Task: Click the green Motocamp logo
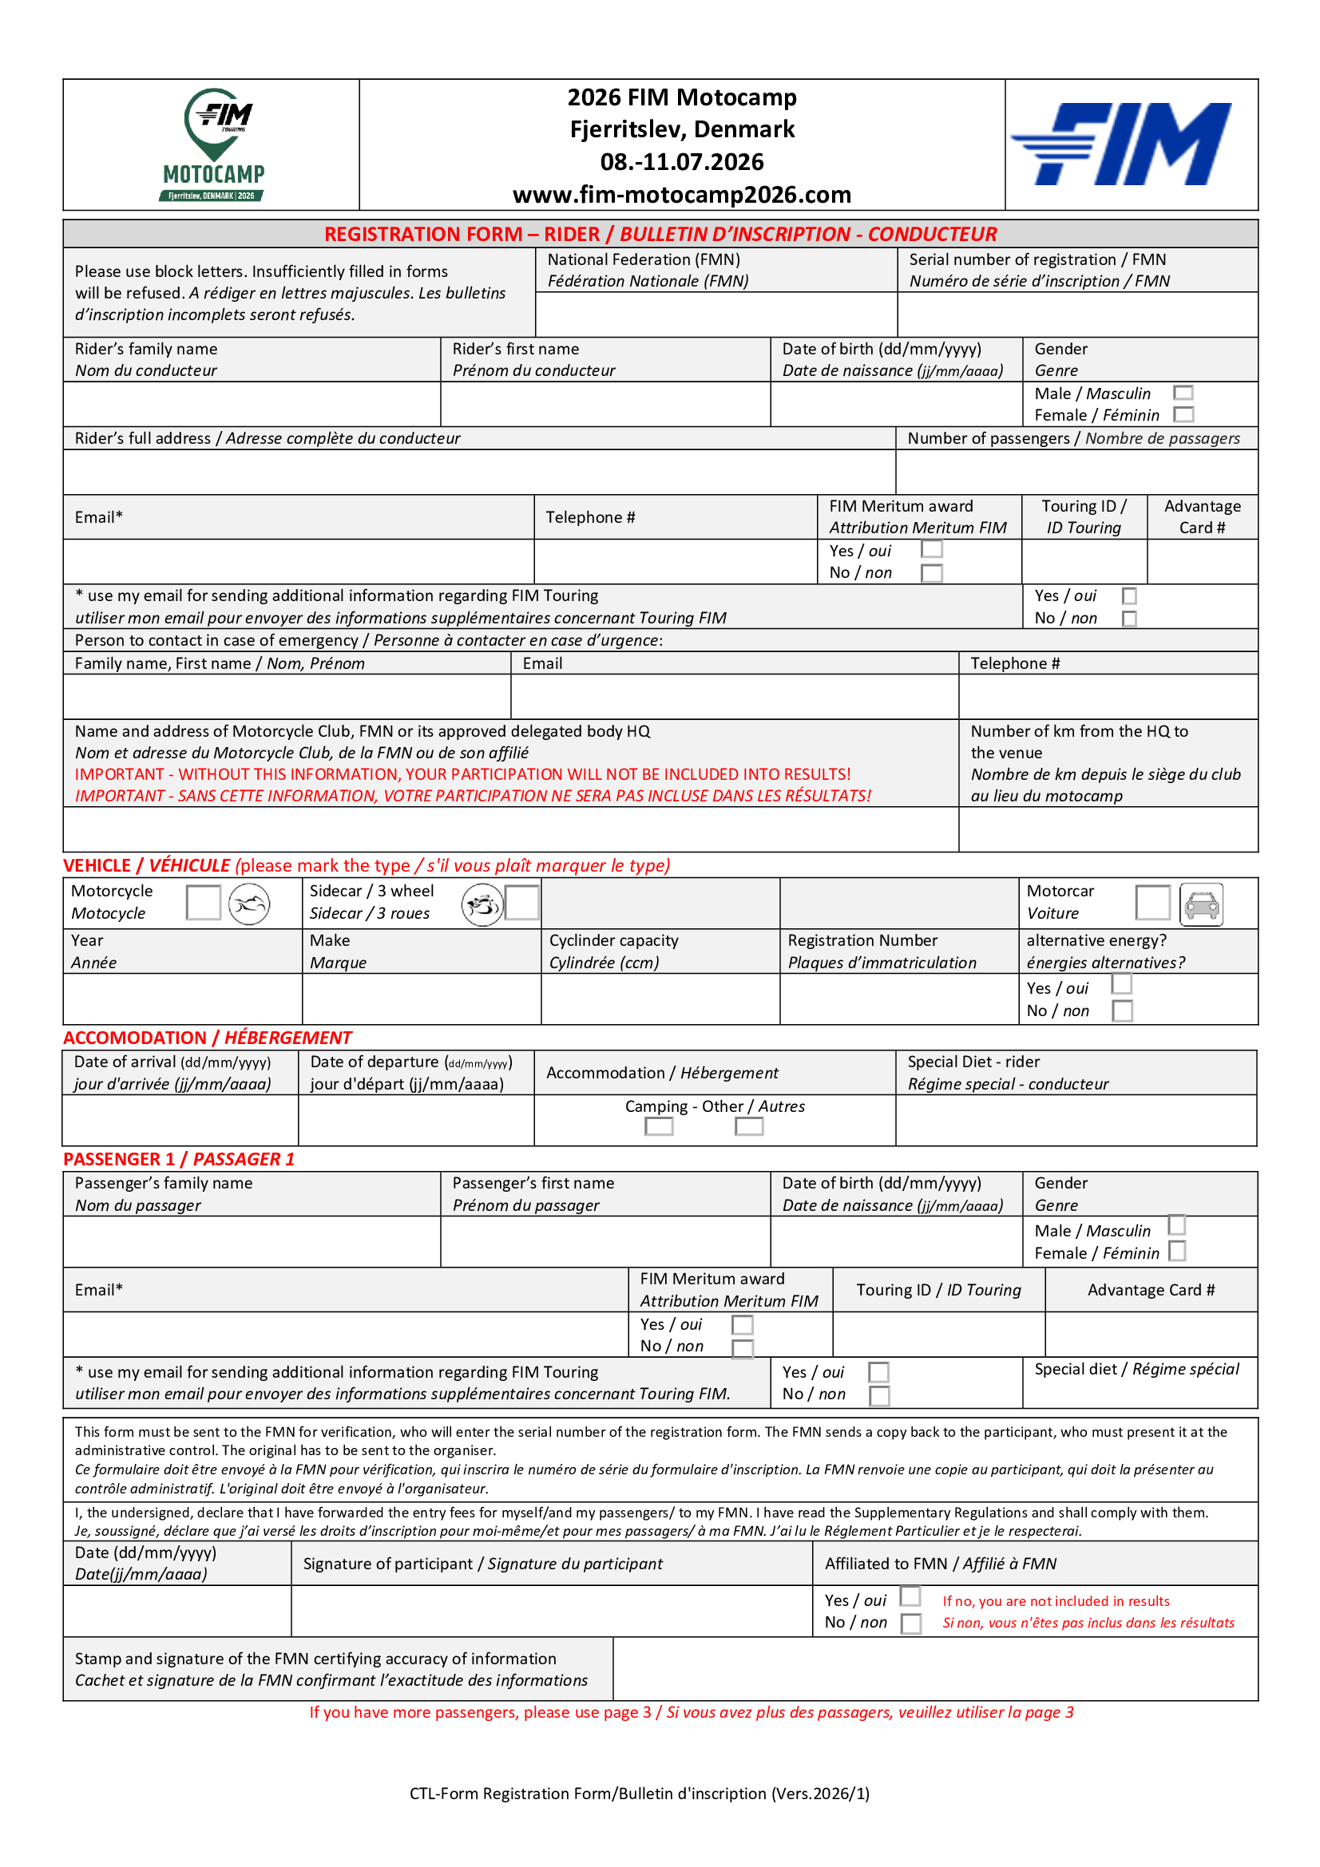[x=214, y=144]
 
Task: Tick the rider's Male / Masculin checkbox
[x=1183, y=394]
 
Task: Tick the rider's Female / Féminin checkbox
[x=1183, y=415]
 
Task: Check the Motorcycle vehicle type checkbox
[x=204, y=903]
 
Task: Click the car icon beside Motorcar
[x=1201, y=904]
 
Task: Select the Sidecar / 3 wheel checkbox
[x=522, y=903]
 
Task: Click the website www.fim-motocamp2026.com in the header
[x=681, y=195]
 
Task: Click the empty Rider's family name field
[x=252, y=404]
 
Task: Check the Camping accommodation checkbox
[x=659, y=1126]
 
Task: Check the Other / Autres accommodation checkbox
[x=748, y=1126]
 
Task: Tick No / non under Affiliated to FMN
[x=911, y=1623]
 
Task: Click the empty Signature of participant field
[x=552, y=1611]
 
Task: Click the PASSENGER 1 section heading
[x=179, y=1159]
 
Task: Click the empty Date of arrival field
[x=180, y=1121]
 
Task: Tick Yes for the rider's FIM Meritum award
[x=932, y=549]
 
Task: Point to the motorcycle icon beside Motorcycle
[x=249, y=904]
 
